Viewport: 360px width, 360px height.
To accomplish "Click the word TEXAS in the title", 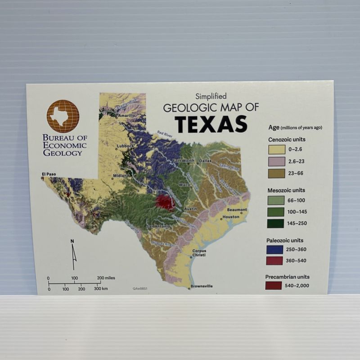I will (x=211, y=124).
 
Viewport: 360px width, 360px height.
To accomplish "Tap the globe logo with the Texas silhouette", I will (x=63, y=116).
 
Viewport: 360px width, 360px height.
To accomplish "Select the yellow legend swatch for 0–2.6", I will (x=276, y=150).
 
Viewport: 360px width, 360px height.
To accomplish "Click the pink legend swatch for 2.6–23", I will (x=276, y=162).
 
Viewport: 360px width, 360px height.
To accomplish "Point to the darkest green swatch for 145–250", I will (x=276, y=223).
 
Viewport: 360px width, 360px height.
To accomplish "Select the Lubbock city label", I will (x=124, y=146).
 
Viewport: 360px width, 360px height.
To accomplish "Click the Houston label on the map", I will (x=231, y=217).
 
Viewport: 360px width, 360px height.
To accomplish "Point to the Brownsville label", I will (x=202, y=286).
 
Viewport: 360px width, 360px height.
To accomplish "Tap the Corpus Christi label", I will (x=199, y=253).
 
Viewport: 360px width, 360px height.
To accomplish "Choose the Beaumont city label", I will (x=237, y=210).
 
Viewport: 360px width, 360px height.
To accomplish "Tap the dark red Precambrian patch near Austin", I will (x=166, y=202).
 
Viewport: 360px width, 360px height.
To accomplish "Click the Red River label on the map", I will (x=164, y=134).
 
